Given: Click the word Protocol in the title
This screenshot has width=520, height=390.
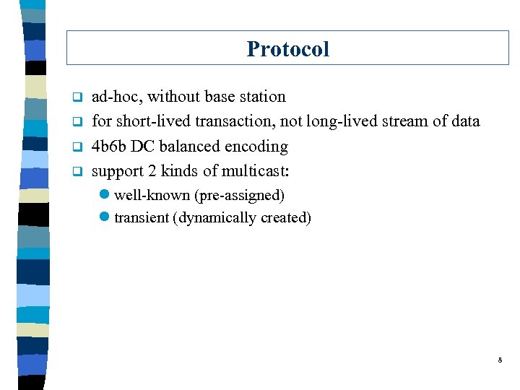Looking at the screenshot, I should (287, 49).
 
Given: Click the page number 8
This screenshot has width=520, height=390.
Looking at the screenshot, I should (499, 359).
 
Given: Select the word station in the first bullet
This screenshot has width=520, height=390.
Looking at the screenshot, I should (261, 97).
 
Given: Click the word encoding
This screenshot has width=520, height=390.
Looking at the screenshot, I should (257, 147).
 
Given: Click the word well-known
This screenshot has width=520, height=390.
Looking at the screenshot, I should (152, 196).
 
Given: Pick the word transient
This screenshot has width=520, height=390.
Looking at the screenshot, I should (142, 218).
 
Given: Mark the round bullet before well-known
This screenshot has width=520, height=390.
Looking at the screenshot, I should (106, 196).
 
